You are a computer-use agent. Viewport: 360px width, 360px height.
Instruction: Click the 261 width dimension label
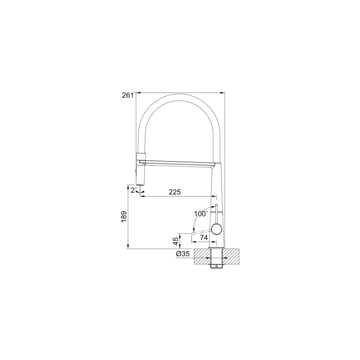[128, 95]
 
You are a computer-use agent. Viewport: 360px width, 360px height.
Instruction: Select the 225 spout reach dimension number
[175, 192]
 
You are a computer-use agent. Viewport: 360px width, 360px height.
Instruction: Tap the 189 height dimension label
[124, 217]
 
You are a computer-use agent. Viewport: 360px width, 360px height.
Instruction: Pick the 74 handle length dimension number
[204, 238]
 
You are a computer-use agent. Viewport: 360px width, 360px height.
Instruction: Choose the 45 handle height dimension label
[175, 241]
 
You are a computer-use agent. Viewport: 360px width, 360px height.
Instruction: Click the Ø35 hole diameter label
[183, 254]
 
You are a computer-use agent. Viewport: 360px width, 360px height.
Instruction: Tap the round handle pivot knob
[217, 229]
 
